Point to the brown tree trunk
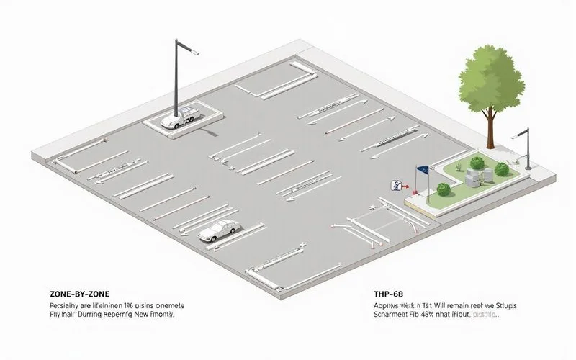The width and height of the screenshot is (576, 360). pyautogui.click(x=490, y=130)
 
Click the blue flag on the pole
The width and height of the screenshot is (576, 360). pyautogui.click(x=423, y=171)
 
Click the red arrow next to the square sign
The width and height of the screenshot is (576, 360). pyautogui.click(x=405, y=186)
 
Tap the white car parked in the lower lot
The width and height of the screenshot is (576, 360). pyautogui.click(x=218, y=230)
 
